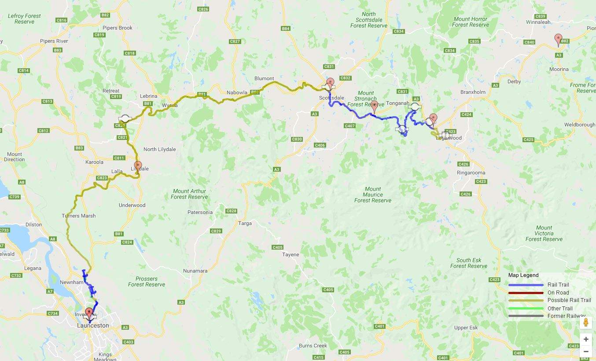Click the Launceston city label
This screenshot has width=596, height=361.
(93, 325)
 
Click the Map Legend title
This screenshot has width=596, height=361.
(523, 275)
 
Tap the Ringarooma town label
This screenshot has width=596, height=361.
(471, 173)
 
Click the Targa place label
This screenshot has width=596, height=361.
(245, 223)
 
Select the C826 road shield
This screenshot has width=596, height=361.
(203, 9)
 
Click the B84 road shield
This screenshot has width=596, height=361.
(285, 29)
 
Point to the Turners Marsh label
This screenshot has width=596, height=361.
(78, 216)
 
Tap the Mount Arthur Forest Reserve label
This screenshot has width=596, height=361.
(189, 194)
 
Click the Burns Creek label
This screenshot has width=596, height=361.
(313, 346)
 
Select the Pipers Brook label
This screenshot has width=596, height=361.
(118, 28)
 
